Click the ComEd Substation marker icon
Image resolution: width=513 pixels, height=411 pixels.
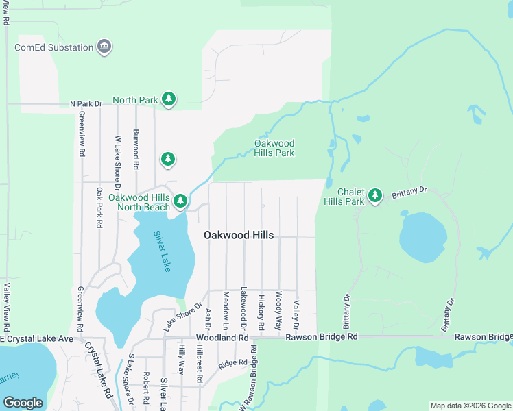click(x=104, y=47)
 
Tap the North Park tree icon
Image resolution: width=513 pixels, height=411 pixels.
click(x=169, y=100)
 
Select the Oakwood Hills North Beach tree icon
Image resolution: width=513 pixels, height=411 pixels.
click(x=180, y=201)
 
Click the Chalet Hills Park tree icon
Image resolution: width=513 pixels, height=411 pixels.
click(x=374, y=197)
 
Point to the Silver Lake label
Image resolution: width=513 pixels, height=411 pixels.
click(x=162, y=251)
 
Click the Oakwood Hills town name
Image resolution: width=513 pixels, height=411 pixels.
click(x=239, y=235)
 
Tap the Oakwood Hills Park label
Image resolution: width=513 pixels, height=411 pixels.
click(x=274, y=148)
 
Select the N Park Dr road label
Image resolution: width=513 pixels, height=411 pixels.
click(x=86, y=104)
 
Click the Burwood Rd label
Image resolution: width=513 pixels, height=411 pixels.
click(x=136, y=149)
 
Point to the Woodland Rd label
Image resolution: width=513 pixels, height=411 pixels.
click(x=222, y=338)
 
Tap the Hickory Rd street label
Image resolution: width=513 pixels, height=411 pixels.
click(x=261, y=313)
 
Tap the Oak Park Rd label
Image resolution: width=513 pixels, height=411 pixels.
click(x=99, y=208)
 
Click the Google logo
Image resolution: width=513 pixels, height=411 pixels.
click(x=23, y=402)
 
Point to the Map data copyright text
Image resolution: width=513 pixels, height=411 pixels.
click(x=470, y=406)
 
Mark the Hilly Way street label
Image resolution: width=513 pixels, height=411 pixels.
click(x=182, y=359)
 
